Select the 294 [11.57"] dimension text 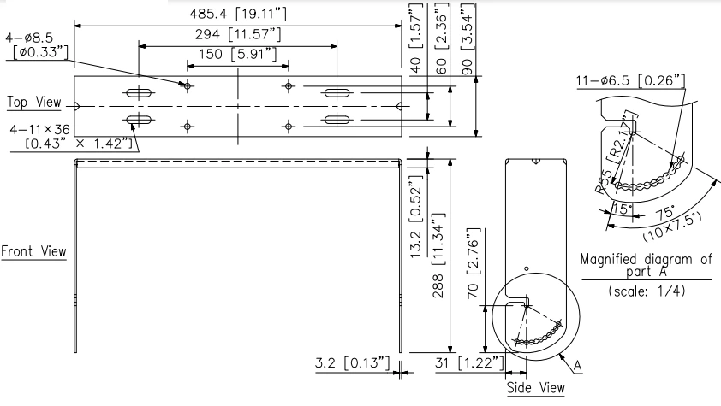236,35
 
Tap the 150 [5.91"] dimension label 237,56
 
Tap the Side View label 535,388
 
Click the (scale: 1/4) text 646,291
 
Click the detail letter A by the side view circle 577,365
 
